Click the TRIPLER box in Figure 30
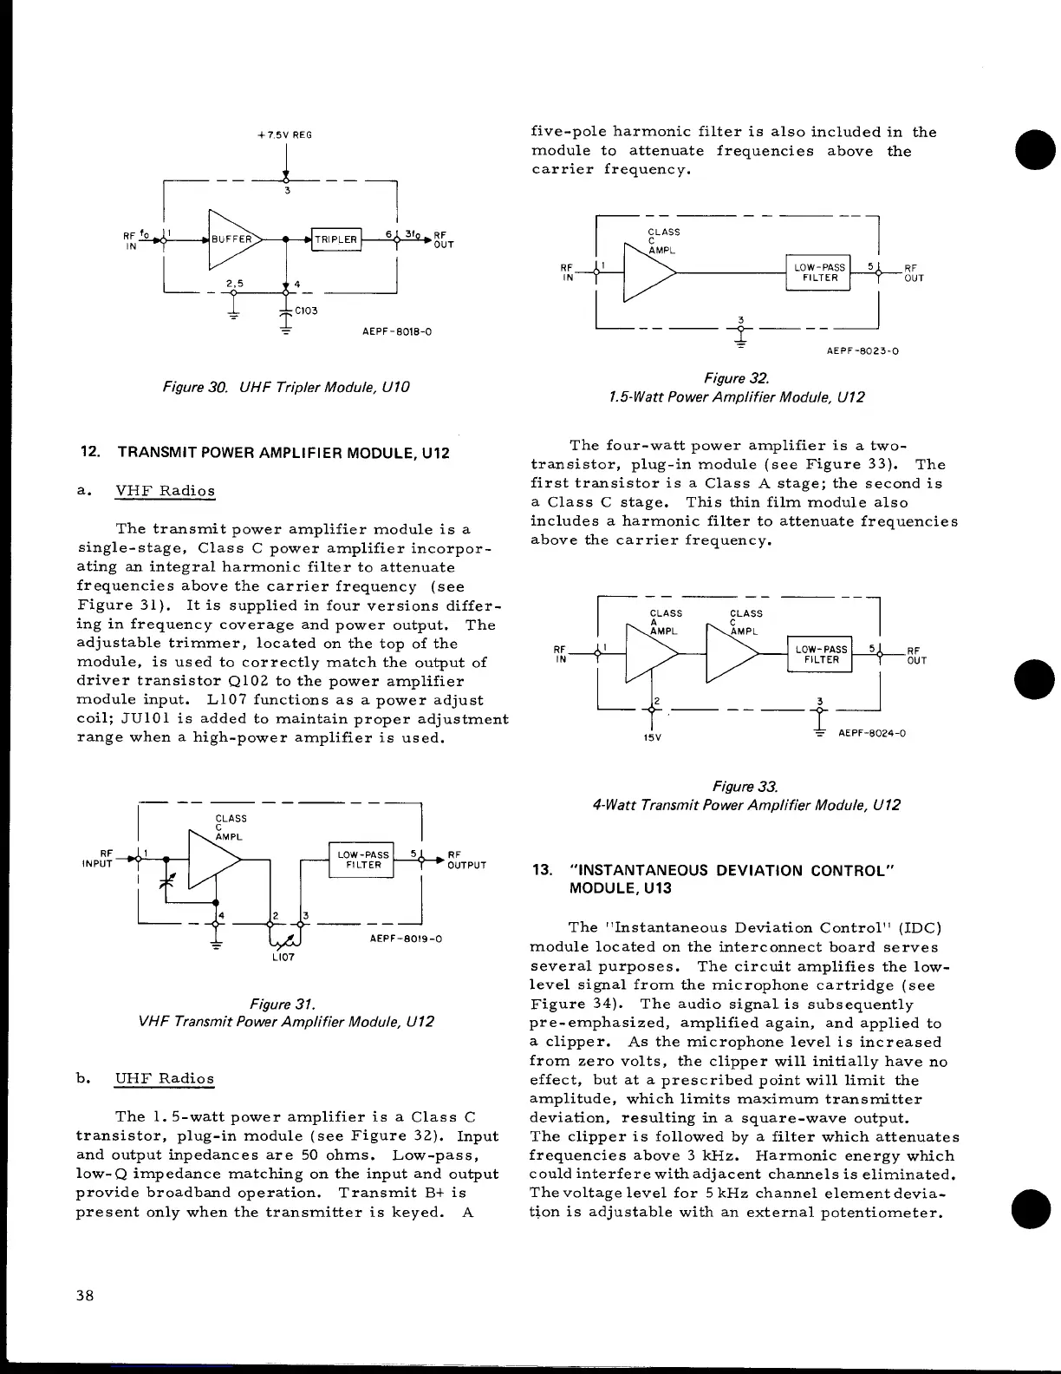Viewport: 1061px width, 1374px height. pos(335,239)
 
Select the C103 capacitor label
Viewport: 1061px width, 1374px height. pos(307,311)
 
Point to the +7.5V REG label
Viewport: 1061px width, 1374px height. pos(285,134)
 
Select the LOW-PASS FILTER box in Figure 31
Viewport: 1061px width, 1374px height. pos(362,860)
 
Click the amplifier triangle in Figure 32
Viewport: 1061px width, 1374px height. pos(647,272)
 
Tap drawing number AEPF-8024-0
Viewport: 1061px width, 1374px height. pos(872,733)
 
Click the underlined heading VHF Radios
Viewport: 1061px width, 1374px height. pos(165,491)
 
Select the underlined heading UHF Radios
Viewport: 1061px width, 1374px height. pos(164,1079)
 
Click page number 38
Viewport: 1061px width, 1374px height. pos(85,1296)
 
